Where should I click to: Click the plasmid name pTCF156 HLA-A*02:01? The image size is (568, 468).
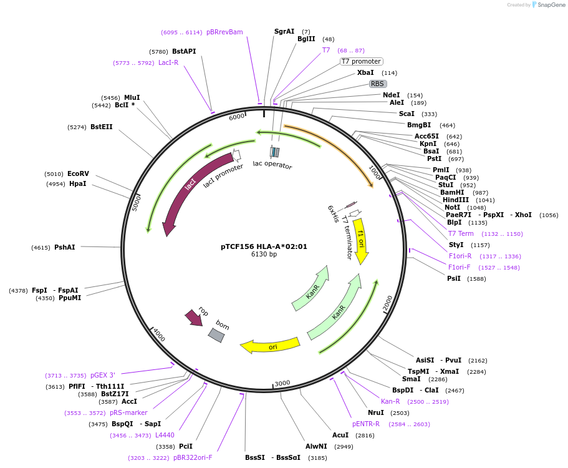264,246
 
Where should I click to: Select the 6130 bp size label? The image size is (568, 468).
264,255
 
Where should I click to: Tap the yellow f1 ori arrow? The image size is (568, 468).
361,241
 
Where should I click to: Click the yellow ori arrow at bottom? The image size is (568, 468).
272,346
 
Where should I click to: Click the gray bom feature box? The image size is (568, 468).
216,335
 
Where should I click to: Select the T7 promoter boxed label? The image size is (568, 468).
361,61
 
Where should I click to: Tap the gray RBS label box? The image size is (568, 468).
377,84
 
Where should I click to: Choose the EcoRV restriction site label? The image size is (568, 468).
78,174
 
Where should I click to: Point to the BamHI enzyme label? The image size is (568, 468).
452,192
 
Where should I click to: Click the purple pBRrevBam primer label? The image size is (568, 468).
224,32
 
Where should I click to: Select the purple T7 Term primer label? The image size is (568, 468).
461,233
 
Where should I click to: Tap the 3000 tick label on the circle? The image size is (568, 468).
282,383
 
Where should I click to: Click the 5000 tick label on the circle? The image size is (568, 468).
137,203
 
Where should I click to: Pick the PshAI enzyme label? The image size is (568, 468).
64,248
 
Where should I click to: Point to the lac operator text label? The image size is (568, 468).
272,165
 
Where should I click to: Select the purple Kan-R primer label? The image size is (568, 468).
390,401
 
